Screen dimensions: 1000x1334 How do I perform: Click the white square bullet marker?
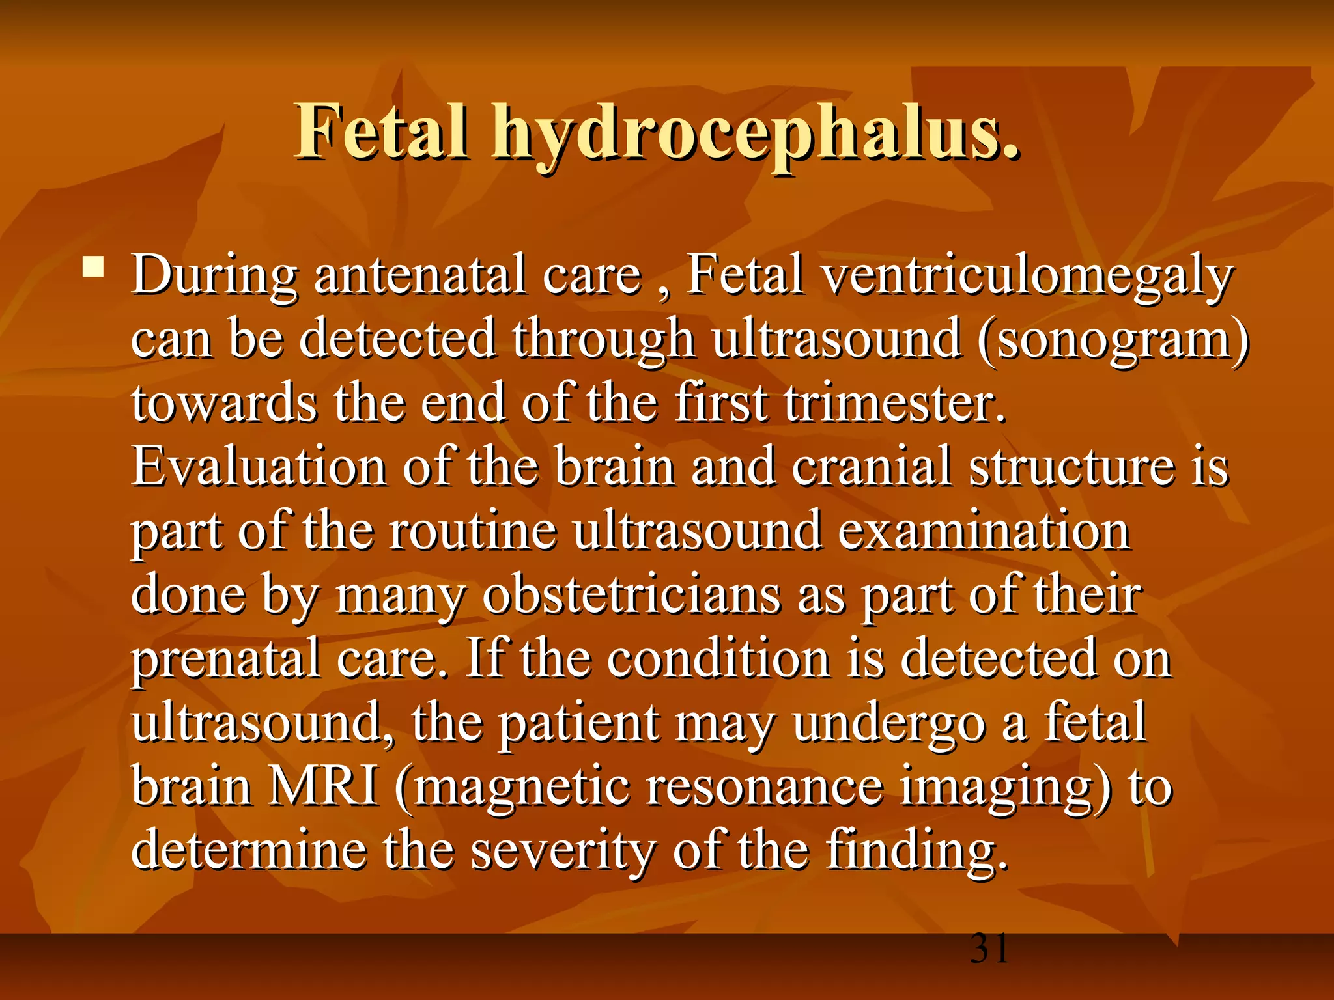tap(93, 267)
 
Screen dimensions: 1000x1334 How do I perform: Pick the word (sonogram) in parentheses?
tap(1113, 339)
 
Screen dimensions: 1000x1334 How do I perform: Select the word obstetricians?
tap(631, 595)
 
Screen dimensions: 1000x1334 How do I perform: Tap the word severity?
tap(563, 852)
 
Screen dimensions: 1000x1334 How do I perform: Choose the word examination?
tap(984, 531)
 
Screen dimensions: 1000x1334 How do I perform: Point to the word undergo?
tap(888, 724)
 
